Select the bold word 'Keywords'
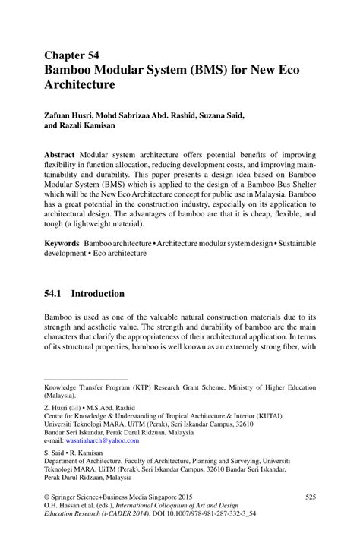[x=63, y=244]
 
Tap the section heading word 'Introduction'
[x=103, y=293]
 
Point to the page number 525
[x=310, y=497]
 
